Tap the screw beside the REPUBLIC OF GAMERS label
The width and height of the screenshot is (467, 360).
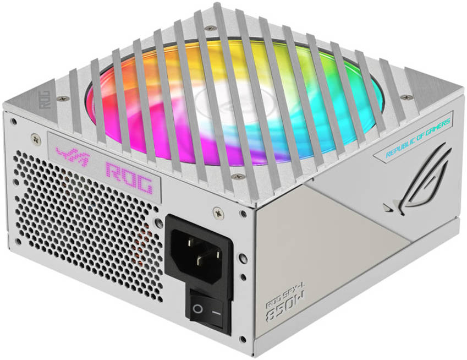point(407,97)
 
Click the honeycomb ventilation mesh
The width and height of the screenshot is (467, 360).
point(83,231)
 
